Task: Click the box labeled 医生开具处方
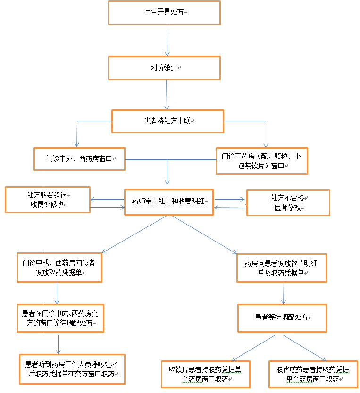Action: pyautogui.click(x=165, y=13)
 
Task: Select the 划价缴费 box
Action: pyautogui.click(x=165, y=68)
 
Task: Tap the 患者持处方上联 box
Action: pyautogui.click(x=167, y=121)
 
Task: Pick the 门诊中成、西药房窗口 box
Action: pyautogui.click(x=79, y=159)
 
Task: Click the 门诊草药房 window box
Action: pyautogui.click(x=262, y=161)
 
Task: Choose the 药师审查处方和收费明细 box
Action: pyautogui.click(x=169, y=202)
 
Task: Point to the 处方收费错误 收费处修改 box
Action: pyautogui.click(x=47, y=199)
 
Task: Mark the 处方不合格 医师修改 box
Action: pyautogui.click(x=288, y=202)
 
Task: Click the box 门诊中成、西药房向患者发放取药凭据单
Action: pyautogui.click(x=59, y=268)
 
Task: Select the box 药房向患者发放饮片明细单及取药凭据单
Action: pyautogui.click(x=281, y=268)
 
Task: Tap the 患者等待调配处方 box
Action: pyautogui.click(x=282, y=318)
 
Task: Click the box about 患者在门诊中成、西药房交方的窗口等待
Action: pyautogui.click(x=59, y=318)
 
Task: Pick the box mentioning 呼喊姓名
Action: pyautogui.click(x=72, y=368)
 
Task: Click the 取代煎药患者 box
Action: pyautogui.click(x=313, y=374)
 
